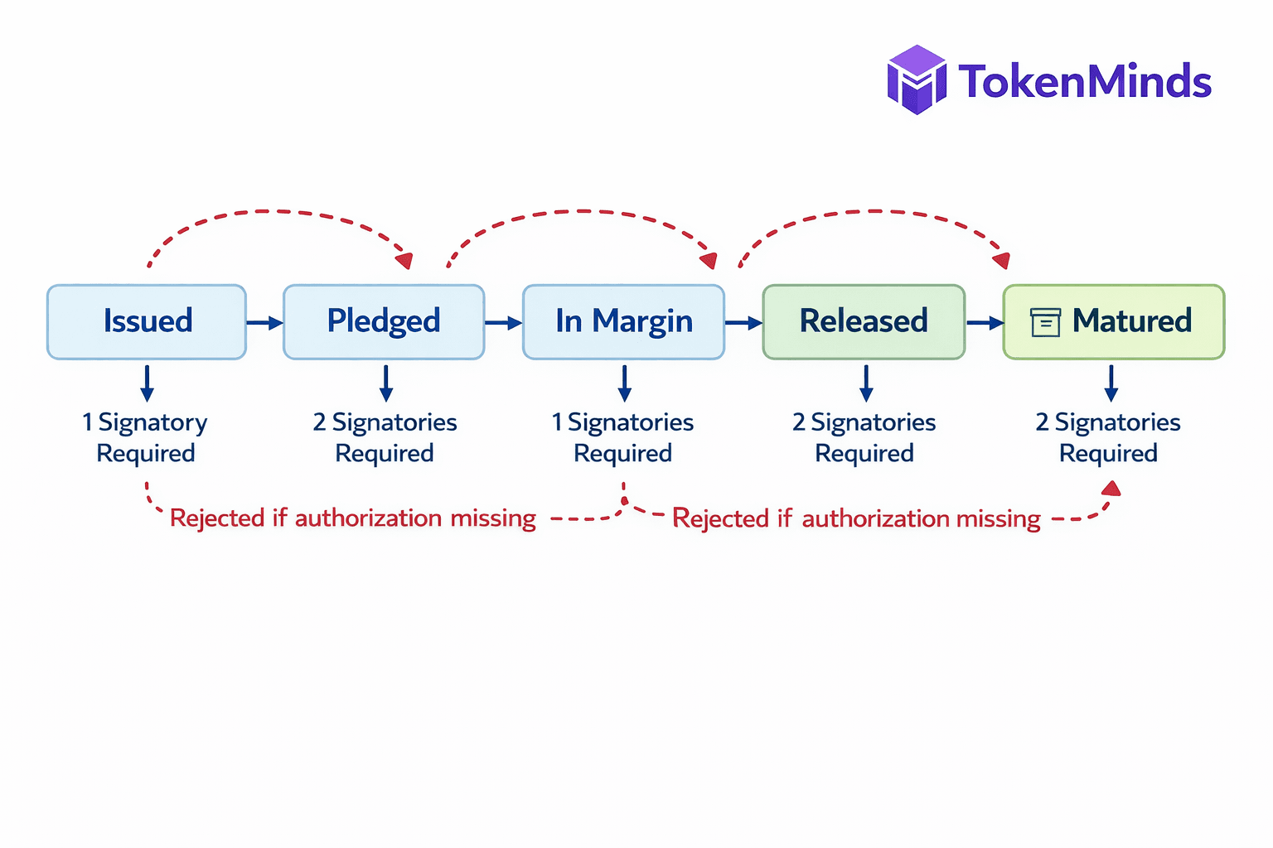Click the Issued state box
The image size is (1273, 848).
[147, 322]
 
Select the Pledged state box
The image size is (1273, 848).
[384, 322]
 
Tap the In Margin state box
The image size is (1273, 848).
[623, 322]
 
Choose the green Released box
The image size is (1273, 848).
[864, 322]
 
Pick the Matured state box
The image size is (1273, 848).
[1113, 322]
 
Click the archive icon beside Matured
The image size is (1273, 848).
[1045, 322]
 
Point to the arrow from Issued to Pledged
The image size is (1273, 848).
[264, 322]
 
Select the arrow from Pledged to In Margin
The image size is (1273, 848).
[503, 322]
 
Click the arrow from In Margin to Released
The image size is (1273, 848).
[743, 322]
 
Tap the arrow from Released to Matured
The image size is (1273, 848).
[985, 322]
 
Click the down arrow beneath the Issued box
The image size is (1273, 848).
[147, 383]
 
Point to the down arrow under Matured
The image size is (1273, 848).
[1111, 383]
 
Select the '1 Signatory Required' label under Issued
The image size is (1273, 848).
[146, 437]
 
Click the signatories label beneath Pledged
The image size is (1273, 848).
[385, 437]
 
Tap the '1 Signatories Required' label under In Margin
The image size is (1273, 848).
[623, 437]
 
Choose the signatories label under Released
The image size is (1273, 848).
[864, 437]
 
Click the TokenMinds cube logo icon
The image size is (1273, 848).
[917, 79]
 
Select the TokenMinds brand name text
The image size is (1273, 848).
[1085, 81]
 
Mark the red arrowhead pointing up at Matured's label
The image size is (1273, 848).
[1111, 489]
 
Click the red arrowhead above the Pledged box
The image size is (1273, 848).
[404, 261]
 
